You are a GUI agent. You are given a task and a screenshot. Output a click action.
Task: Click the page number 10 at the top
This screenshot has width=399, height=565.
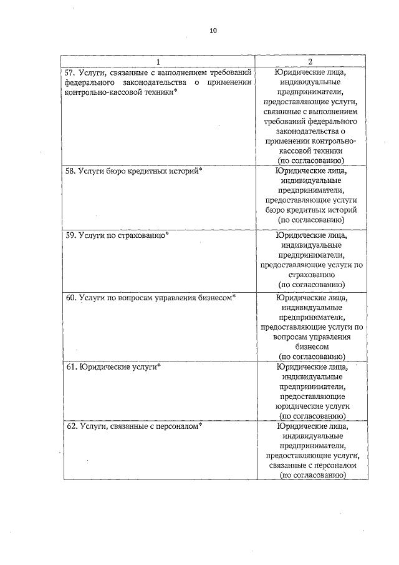[213, 31]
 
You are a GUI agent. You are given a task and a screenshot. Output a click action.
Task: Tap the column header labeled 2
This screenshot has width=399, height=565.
[310, 61]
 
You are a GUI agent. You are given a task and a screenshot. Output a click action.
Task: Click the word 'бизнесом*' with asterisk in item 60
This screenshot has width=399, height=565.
[216, 298]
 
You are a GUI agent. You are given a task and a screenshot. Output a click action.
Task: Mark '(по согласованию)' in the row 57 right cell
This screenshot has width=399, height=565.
[311, 160]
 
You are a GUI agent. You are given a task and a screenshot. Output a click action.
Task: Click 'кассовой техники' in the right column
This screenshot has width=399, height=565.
[311, 150]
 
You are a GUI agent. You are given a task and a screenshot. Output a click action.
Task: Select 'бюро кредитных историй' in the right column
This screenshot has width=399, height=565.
[311, 210]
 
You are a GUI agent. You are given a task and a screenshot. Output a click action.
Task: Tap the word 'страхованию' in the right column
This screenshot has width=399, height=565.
[311, 274]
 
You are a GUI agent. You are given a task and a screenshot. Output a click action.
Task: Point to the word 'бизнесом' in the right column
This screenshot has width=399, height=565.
[311, 346]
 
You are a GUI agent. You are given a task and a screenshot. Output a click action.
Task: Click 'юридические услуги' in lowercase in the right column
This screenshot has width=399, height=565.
[311, 405]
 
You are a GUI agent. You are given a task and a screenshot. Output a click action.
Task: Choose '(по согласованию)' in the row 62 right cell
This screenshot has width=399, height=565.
[311, 475]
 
